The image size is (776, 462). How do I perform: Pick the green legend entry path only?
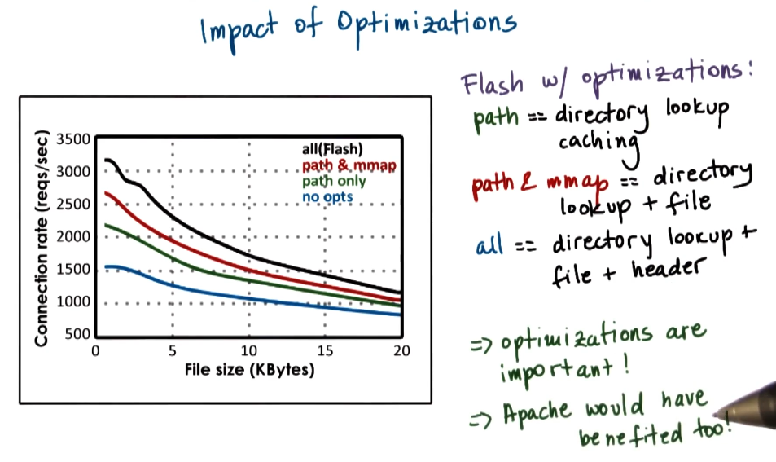coord(334,181)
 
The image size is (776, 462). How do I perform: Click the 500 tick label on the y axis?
coord(77,334)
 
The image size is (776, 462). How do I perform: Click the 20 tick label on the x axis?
coord(401,351)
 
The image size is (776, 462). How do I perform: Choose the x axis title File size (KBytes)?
coord(249,369)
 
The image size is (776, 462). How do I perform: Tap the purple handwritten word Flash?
coord(492,83)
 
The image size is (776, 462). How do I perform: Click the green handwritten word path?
coord(495,116)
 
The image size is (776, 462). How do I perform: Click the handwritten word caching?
coord(598,142)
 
